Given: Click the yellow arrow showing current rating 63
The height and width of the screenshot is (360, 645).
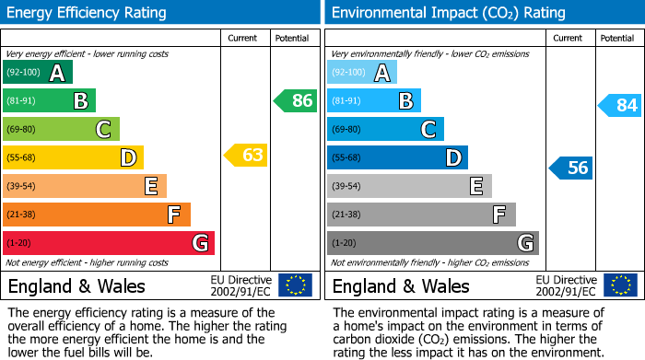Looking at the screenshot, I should [x=246, y=155].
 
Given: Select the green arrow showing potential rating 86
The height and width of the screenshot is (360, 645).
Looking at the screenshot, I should [x=296, y=100].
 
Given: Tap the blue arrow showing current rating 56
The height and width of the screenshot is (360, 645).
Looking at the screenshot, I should [x=570, y=168].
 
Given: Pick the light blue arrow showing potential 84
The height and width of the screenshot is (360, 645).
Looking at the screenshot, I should [x=619, y=105].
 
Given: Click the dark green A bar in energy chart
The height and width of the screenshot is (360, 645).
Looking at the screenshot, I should [x=38, y=73].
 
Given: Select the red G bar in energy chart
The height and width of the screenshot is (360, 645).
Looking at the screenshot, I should [x=109, y=243].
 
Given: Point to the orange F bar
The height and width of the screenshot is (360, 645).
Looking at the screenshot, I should [x=97, y=215].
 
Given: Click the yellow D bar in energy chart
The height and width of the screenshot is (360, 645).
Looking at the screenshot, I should [x=73, y=157].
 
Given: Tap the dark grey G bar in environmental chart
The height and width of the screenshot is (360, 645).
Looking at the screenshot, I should [x=433, y=243].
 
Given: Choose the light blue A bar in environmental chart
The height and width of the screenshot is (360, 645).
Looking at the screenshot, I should [x=362, y=73].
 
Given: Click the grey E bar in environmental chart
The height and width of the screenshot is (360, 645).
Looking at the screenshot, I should [x=409, y=186].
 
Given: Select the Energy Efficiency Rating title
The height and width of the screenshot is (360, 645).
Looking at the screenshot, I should [x=88, y=13].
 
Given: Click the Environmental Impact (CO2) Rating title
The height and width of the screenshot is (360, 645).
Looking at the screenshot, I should [x=448, y=13].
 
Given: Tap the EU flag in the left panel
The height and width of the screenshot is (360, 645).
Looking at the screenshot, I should [x=295, y=285].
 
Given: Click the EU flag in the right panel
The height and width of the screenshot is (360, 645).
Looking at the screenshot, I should [x=619, y=285].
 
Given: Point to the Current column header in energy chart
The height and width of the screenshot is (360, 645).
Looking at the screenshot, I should [x=243, y=38].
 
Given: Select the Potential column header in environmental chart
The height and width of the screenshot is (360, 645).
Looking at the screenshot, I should [x=617, y=38].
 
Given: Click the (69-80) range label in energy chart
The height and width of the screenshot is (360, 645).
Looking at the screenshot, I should [x=22, y=130].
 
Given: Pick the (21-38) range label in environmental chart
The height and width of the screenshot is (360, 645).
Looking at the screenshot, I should [x=346, y=215].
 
